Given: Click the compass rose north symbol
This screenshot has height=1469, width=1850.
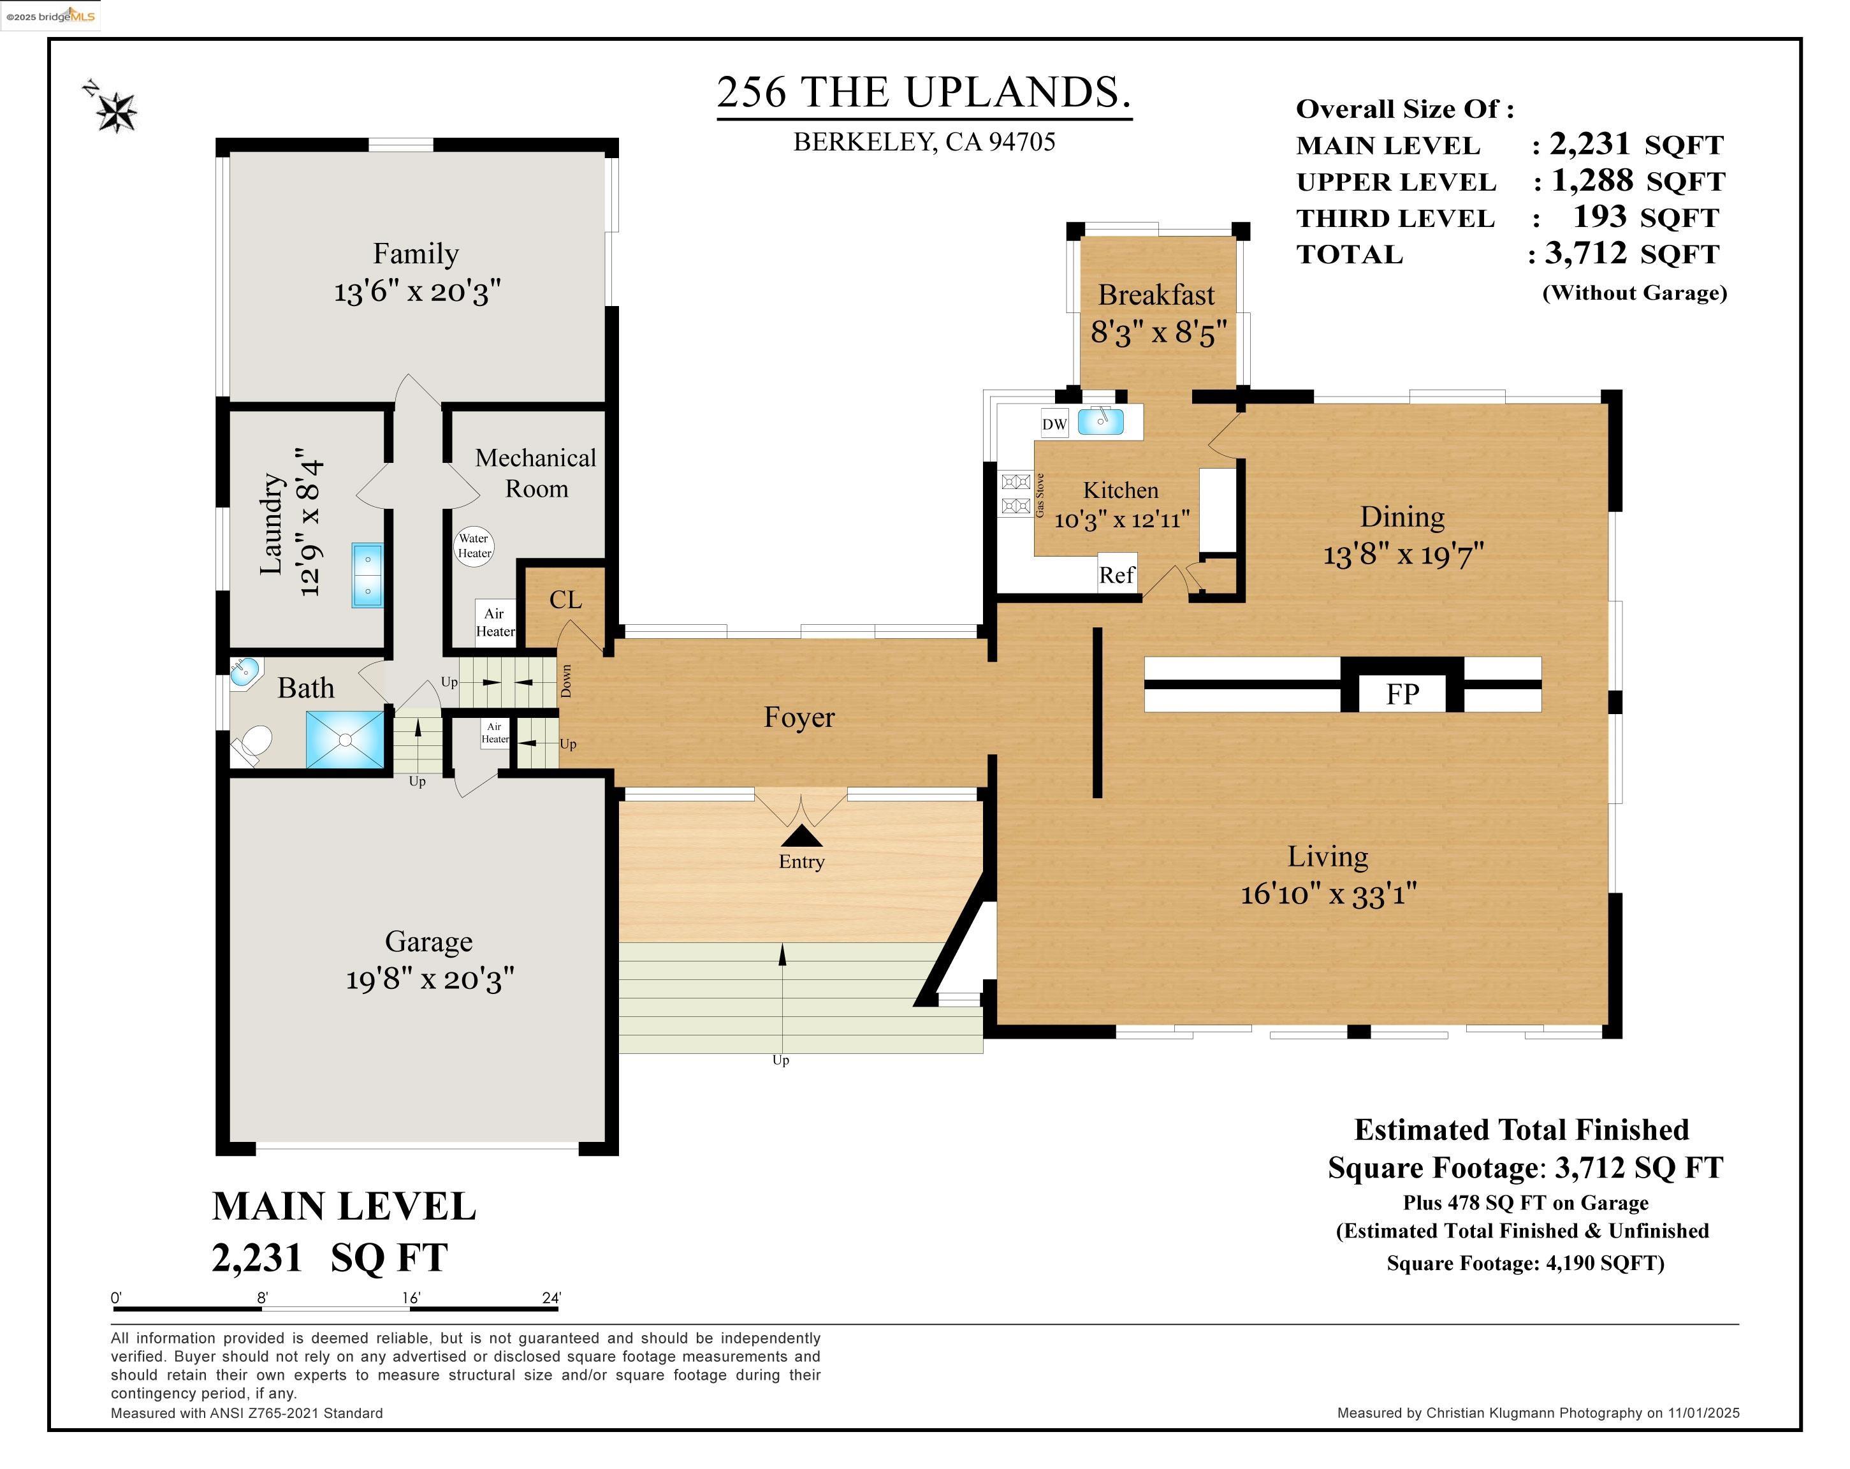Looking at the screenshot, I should [114, 110].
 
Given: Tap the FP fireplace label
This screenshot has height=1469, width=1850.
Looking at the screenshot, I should [1402, 693].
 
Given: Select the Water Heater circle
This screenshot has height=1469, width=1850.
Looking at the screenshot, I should [474, 546].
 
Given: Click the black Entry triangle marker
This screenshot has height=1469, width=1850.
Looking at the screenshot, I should [801, 836].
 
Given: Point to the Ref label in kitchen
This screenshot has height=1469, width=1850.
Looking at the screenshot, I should [1116, 575].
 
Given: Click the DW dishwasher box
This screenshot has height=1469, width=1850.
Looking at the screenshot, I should [1054, 424].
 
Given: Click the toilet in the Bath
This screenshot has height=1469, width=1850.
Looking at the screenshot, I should [253, 744].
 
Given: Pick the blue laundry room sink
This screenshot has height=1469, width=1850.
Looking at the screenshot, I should [367, 575].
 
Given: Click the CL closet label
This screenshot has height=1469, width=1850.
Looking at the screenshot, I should [565, 600].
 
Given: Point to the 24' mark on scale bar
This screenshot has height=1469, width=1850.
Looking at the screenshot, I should [551, 1297].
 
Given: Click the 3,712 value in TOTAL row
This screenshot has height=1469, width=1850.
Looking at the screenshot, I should [1585, 253].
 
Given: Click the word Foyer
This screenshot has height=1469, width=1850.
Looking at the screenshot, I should [799, 717].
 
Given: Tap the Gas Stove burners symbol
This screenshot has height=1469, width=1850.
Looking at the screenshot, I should [1015, 494].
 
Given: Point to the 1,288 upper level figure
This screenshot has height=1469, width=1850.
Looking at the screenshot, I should [1592, 180].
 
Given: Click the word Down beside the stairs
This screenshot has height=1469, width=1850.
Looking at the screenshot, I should [565, 680].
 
